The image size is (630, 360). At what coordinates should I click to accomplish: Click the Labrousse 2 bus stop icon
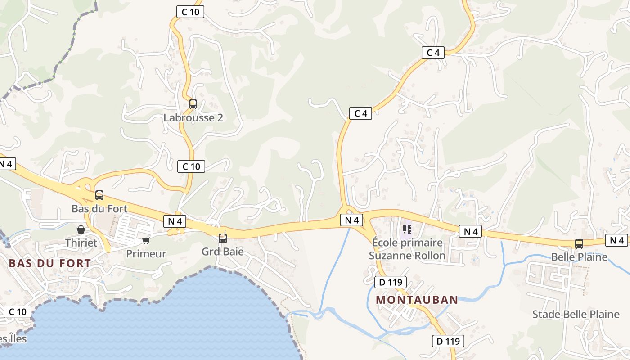point(193,104)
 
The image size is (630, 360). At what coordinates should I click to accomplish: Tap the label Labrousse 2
point(193,118)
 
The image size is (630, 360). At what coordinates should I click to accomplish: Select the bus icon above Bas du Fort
point(99,195)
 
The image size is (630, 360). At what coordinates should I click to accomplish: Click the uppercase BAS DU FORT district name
point(50,263)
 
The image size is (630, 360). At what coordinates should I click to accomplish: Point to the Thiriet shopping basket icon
point(81,229)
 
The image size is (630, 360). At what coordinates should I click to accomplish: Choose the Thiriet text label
point(81,243)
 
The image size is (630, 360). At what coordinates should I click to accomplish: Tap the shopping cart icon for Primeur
point(146,240)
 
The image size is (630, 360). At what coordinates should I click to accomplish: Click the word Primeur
point(146,254)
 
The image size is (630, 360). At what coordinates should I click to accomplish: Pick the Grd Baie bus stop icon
point(223,238)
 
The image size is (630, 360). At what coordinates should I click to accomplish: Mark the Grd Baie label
point(223,252)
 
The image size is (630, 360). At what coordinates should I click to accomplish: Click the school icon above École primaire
point(407,229)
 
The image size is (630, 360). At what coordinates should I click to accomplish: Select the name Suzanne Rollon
point(407,256)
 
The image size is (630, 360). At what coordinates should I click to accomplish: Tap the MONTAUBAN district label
point(417,300)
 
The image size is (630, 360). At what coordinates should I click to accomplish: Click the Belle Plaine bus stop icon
point(579,244)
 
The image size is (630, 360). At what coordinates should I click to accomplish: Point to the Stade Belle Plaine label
point(576,314)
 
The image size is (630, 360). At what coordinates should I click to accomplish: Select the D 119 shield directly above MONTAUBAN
point(391,283)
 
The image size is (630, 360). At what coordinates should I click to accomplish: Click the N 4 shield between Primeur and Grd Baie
point(175,221)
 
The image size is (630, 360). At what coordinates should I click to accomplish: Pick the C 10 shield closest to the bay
point(18,311)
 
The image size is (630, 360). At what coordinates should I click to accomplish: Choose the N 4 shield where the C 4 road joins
point(351,220)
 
